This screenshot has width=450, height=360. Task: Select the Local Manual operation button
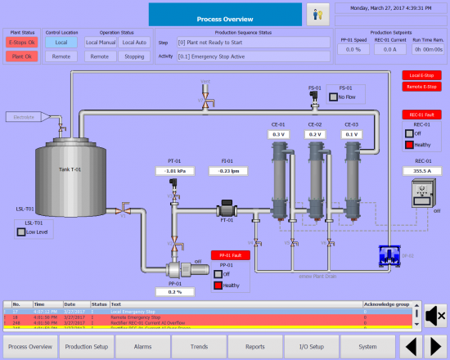tap(101, 42)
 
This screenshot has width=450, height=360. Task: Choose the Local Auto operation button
tap(133, 42)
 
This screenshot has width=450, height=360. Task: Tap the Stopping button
tap(133, 56)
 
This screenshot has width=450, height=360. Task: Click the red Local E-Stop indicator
tap(421, 75)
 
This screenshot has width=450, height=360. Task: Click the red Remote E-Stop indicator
tap(421, 85)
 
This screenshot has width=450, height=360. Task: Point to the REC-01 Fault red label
tap(421, 115)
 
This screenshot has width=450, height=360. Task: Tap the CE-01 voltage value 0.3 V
tap(279, 134)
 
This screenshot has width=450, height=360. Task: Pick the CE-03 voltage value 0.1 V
tap(352, 134)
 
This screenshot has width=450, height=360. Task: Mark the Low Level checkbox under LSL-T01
tap(22, 232)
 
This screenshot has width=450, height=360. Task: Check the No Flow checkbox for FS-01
tap(332, 97)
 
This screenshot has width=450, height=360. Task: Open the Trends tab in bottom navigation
tap(199, 346)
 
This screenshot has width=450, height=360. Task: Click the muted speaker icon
tap(435, 314)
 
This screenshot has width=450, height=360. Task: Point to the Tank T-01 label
tap(70, 170)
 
